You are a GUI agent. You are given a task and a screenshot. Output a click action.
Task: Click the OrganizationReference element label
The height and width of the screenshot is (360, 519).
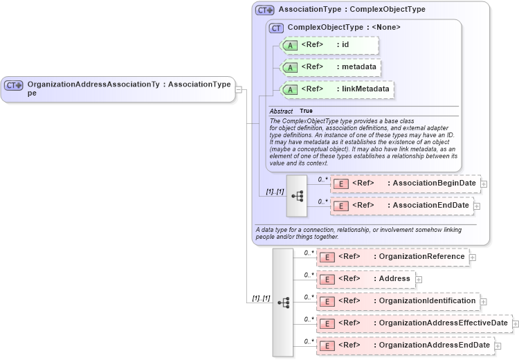pyautogui.click(x=421, y=257)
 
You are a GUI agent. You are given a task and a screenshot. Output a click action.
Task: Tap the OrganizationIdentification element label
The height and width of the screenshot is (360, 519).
pyautogui.click(x=427, y=301)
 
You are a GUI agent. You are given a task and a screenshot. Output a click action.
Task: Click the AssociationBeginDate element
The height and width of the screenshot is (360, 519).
pyautogui.click(x=405, y=183)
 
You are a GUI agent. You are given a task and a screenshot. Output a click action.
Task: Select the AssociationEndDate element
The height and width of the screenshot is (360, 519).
pyautogui.click(x=401, y=206)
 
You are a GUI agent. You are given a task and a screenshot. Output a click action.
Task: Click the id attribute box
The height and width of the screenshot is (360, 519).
pyautogui.click(x=329, y=45)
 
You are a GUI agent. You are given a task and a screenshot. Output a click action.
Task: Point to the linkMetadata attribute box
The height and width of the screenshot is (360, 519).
pyautogui.click(x=336, y=89)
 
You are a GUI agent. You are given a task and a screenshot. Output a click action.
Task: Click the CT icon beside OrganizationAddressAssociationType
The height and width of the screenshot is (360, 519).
pyautogui.click(x=14, y=85)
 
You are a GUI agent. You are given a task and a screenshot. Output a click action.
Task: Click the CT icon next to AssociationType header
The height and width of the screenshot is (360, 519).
pyautogui.click(x=265, y=10)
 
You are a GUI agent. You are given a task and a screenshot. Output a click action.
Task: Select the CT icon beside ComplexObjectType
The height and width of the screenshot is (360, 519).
pyautogui.click(x=277, y=28)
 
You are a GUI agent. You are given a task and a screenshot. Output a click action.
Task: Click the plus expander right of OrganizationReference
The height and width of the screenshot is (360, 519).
pyautogui.click(x=473, y=258)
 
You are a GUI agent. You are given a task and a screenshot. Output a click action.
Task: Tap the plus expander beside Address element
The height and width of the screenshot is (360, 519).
pyautogui.click(x=419, y=280)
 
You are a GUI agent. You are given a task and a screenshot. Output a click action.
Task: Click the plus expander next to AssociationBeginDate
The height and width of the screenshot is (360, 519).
pyautogui.click(x=484, y=184)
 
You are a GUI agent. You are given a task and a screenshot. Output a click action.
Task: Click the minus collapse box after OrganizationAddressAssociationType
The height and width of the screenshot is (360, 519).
pyautogui.click(x=237, y=89)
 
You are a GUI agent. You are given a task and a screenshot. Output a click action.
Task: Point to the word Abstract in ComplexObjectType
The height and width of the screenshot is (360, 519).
pyautogui.click(x=281, y=111)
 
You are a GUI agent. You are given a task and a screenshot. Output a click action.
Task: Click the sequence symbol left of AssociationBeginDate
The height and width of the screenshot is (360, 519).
pyautogui.click(x=297, y=196)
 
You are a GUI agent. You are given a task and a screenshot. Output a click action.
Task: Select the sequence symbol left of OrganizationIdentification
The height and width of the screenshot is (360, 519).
pyautogui.click(x=283, y=303)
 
